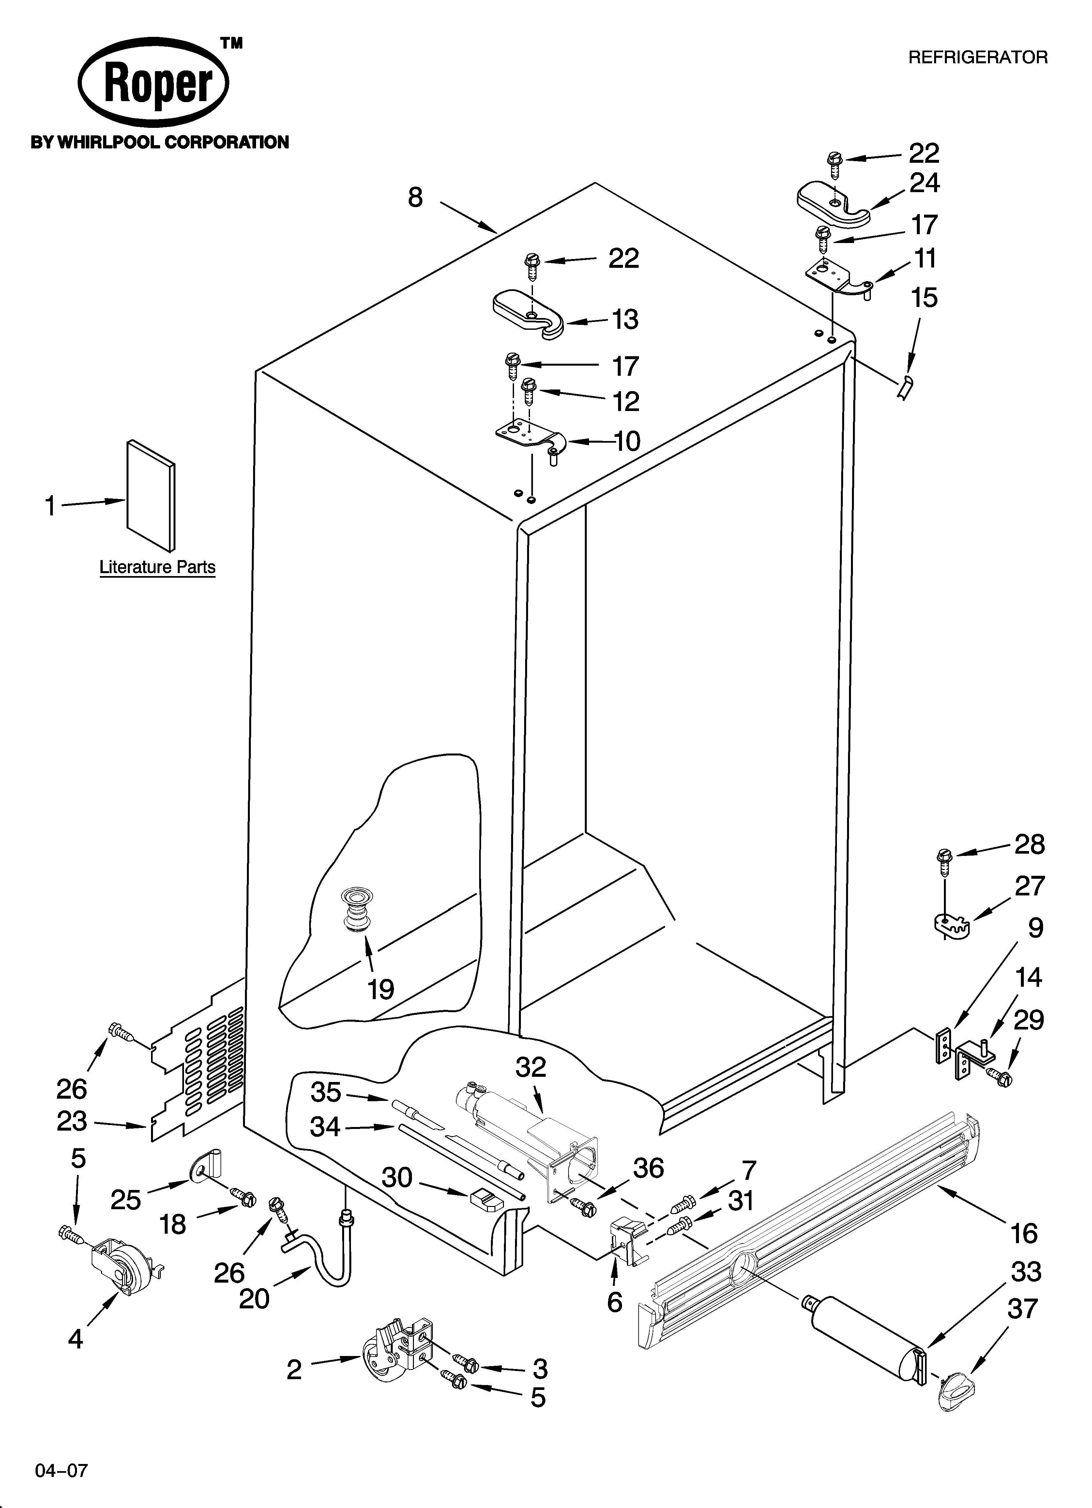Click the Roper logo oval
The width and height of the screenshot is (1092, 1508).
click(x=153, y=83)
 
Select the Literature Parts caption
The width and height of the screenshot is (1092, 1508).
click(x=158, y=567)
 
